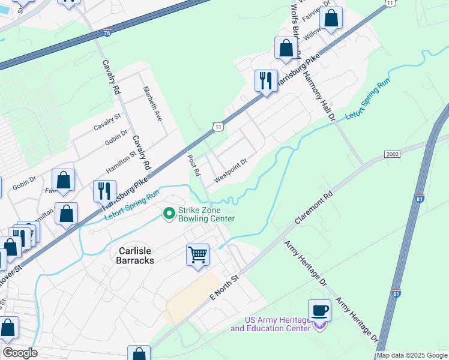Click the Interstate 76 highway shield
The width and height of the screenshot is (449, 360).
(x=106, y=34)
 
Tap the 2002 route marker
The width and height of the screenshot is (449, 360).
(x=393, y=155)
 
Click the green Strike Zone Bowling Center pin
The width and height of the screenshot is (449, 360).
(x=169, y=213)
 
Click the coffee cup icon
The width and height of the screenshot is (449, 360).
(x=319, y=311)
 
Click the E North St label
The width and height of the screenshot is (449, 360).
(x=224, y=289)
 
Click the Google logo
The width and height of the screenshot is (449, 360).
(x=20, y=353)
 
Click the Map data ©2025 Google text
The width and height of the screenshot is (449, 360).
(x=411, y=355)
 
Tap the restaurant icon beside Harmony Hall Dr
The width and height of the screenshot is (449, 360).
(x=265, y=80)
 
